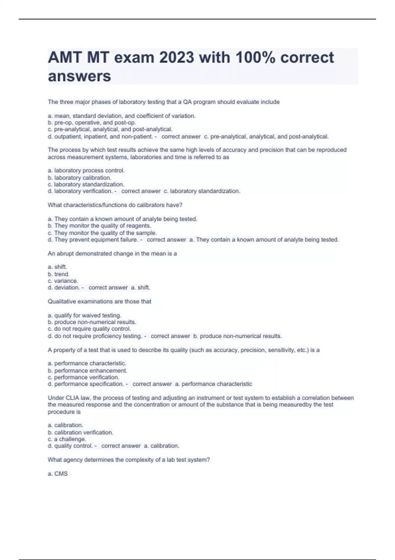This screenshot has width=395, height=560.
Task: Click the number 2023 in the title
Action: [176, 58]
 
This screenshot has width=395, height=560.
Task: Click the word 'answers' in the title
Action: [79, 76]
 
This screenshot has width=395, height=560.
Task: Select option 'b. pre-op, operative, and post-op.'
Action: [92, 123]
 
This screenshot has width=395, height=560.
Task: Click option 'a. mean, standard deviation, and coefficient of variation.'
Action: [122, 116]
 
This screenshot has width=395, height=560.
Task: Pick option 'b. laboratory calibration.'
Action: [79, 178]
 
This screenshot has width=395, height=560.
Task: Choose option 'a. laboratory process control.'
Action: [86, 171]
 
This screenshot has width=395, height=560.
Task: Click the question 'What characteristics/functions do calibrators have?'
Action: [115, 205]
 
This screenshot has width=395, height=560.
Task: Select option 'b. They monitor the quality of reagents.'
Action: [99, 226]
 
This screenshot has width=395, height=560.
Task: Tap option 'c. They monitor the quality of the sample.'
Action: [102, 233]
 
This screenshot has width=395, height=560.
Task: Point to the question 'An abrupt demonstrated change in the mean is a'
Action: [112, 254]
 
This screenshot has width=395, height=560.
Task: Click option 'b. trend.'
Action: [59, 274]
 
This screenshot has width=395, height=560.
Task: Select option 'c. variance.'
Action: [63, 281]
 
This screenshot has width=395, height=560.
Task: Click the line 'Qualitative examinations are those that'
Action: [99, 301]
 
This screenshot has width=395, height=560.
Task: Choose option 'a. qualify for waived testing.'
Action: [84, 315]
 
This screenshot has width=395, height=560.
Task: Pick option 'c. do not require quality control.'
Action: [89, 329]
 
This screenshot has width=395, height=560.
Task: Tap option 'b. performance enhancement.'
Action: [87, 371]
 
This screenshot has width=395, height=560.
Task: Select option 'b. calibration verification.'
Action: [80, 432]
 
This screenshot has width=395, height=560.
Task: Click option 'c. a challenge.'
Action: [67, 439]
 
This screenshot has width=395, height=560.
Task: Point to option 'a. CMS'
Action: [58, 474]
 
